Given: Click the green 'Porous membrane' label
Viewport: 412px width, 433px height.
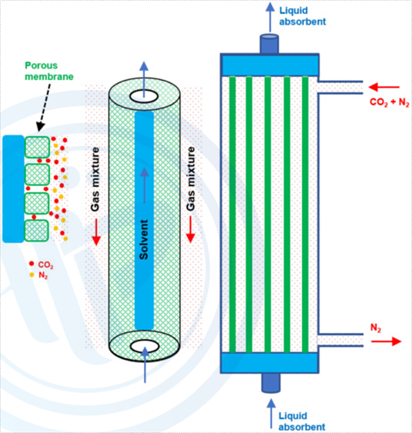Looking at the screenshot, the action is [x=49, y=71].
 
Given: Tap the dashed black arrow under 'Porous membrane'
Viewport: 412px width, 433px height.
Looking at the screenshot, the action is [x=45, y=108].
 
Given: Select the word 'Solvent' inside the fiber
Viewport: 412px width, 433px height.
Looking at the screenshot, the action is [x=144, y=239].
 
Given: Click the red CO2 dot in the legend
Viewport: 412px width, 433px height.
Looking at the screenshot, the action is [x=32, y=264].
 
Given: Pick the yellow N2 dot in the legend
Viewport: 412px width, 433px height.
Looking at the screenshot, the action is [x=32, y=275].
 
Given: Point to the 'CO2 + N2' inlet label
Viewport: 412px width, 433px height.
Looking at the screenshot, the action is [x=390, y=102].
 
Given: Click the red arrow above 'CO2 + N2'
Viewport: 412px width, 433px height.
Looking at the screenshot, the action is [x=384, y=87].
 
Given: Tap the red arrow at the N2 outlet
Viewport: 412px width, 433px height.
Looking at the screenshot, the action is [x=386, y=341].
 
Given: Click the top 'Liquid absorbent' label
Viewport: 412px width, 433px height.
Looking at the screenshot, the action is [x=303, y=16].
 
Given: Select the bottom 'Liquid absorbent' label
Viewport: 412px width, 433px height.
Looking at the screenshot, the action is [x=302, y=421].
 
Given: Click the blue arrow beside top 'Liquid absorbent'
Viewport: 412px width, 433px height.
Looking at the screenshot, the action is [x=270, y=17].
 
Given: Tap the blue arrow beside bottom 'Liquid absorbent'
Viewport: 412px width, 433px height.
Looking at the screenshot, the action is [x=271, y=414].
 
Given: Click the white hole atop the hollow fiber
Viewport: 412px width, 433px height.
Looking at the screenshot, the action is [x=144, y=96].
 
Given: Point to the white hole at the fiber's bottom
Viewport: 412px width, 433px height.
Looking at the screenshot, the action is [x=145, y=346].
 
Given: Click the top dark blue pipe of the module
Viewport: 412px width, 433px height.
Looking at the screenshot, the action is [x=269, y=44].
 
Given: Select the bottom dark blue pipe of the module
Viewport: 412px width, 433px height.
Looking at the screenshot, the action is [x=271, y=383].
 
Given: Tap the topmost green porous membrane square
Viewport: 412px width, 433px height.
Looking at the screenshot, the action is [x=37, y=147].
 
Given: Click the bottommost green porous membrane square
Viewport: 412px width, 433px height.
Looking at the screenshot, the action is [x=36, y=231].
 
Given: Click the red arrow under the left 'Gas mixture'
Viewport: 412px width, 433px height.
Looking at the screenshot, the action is [x=96, y=232].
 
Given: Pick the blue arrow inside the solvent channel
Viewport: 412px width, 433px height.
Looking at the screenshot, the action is [x=144, y=185].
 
